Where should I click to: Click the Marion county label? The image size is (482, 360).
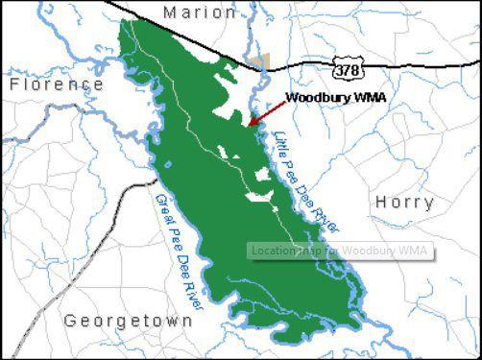[200, 12]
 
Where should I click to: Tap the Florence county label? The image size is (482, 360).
[57, 85]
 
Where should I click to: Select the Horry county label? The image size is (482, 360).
[404, 204]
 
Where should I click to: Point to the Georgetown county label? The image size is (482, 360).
[128, 322]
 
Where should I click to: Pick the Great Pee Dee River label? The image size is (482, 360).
[181, 252]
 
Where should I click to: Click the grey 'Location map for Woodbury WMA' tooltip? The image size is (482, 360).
[339, 252]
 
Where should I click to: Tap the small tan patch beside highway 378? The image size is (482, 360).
[260, 64]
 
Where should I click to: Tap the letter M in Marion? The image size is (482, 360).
[170, 12]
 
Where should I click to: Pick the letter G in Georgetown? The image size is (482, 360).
[71, 322]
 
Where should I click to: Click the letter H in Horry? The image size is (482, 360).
[381, 204]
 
